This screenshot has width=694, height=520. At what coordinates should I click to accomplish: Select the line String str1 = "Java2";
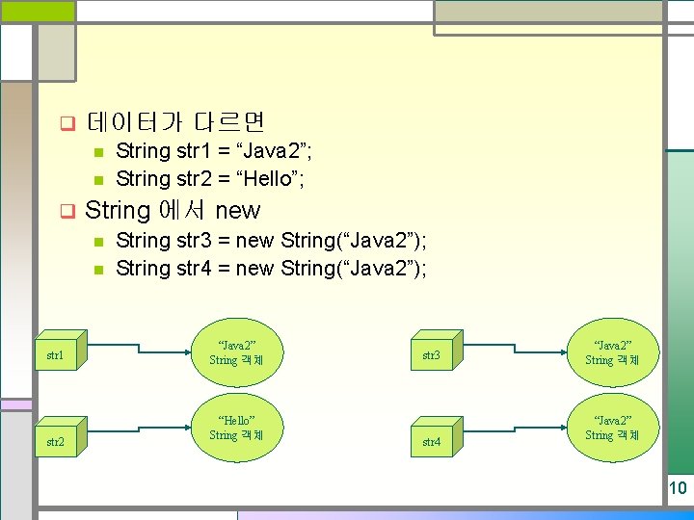(x=213, y=151)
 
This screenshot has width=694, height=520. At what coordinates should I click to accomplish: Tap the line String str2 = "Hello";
(x=211, y=178)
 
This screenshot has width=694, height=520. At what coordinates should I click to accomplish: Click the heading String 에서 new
(x=173, y=210)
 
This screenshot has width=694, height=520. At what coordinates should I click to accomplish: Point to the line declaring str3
(x=271, y=240)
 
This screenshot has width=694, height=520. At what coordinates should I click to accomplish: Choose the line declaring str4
(x=271, y=268)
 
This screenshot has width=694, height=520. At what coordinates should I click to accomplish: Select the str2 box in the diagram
(x=57, y=441)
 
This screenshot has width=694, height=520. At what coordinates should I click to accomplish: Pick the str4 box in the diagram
(x=432, y=441)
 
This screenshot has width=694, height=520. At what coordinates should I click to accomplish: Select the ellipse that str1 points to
(x=237, y=352)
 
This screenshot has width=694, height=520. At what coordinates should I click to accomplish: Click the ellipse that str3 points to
(x=612, y=352)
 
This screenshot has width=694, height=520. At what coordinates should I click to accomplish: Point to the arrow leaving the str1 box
(x=135, y=352)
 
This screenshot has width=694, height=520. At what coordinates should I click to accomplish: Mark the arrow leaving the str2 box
(x=135, y=434)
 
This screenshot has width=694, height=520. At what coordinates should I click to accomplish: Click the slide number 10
(x=678, y=488)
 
